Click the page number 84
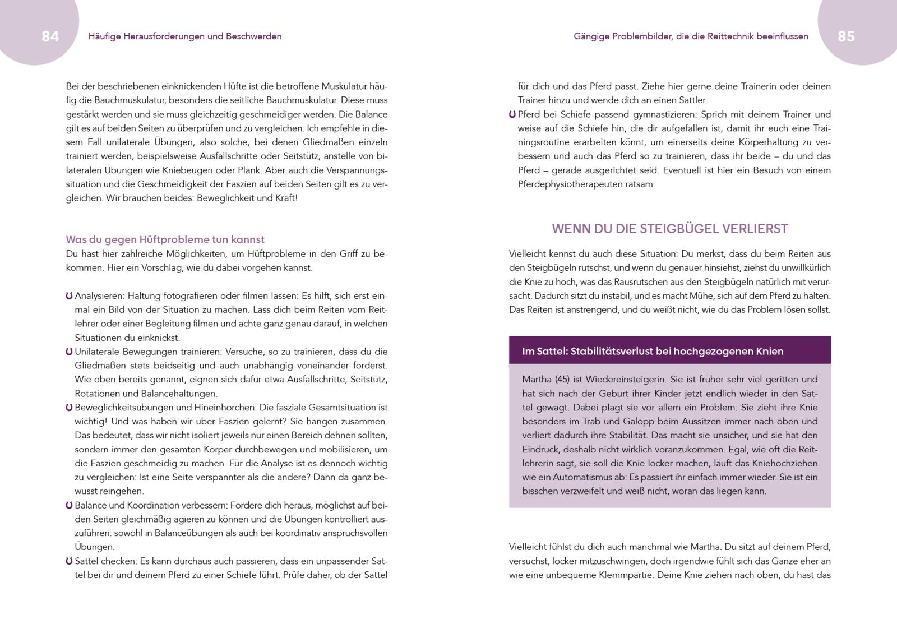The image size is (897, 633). click(50, 36)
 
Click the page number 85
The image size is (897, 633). click(846, 36)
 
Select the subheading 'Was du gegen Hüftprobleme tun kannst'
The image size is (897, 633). click(165, 239)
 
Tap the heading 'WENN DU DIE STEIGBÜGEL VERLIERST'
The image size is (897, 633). click(670, 229)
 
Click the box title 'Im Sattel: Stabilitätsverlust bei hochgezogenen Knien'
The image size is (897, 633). click(653, 352)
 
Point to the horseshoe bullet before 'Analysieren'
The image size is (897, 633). click(69, 295)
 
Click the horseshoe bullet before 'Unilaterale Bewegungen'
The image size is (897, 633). click(69, 352)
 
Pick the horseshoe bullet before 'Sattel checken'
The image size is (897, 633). click(69, 561)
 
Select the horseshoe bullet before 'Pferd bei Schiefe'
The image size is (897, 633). click(512, 114)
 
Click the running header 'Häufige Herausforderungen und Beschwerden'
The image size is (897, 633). click(185, 36)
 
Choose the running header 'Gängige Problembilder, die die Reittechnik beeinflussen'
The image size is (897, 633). click(691, 36)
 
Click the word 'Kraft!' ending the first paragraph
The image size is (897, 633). click(285, 198)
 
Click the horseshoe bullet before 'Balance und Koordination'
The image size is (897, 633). click(69, 505)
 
